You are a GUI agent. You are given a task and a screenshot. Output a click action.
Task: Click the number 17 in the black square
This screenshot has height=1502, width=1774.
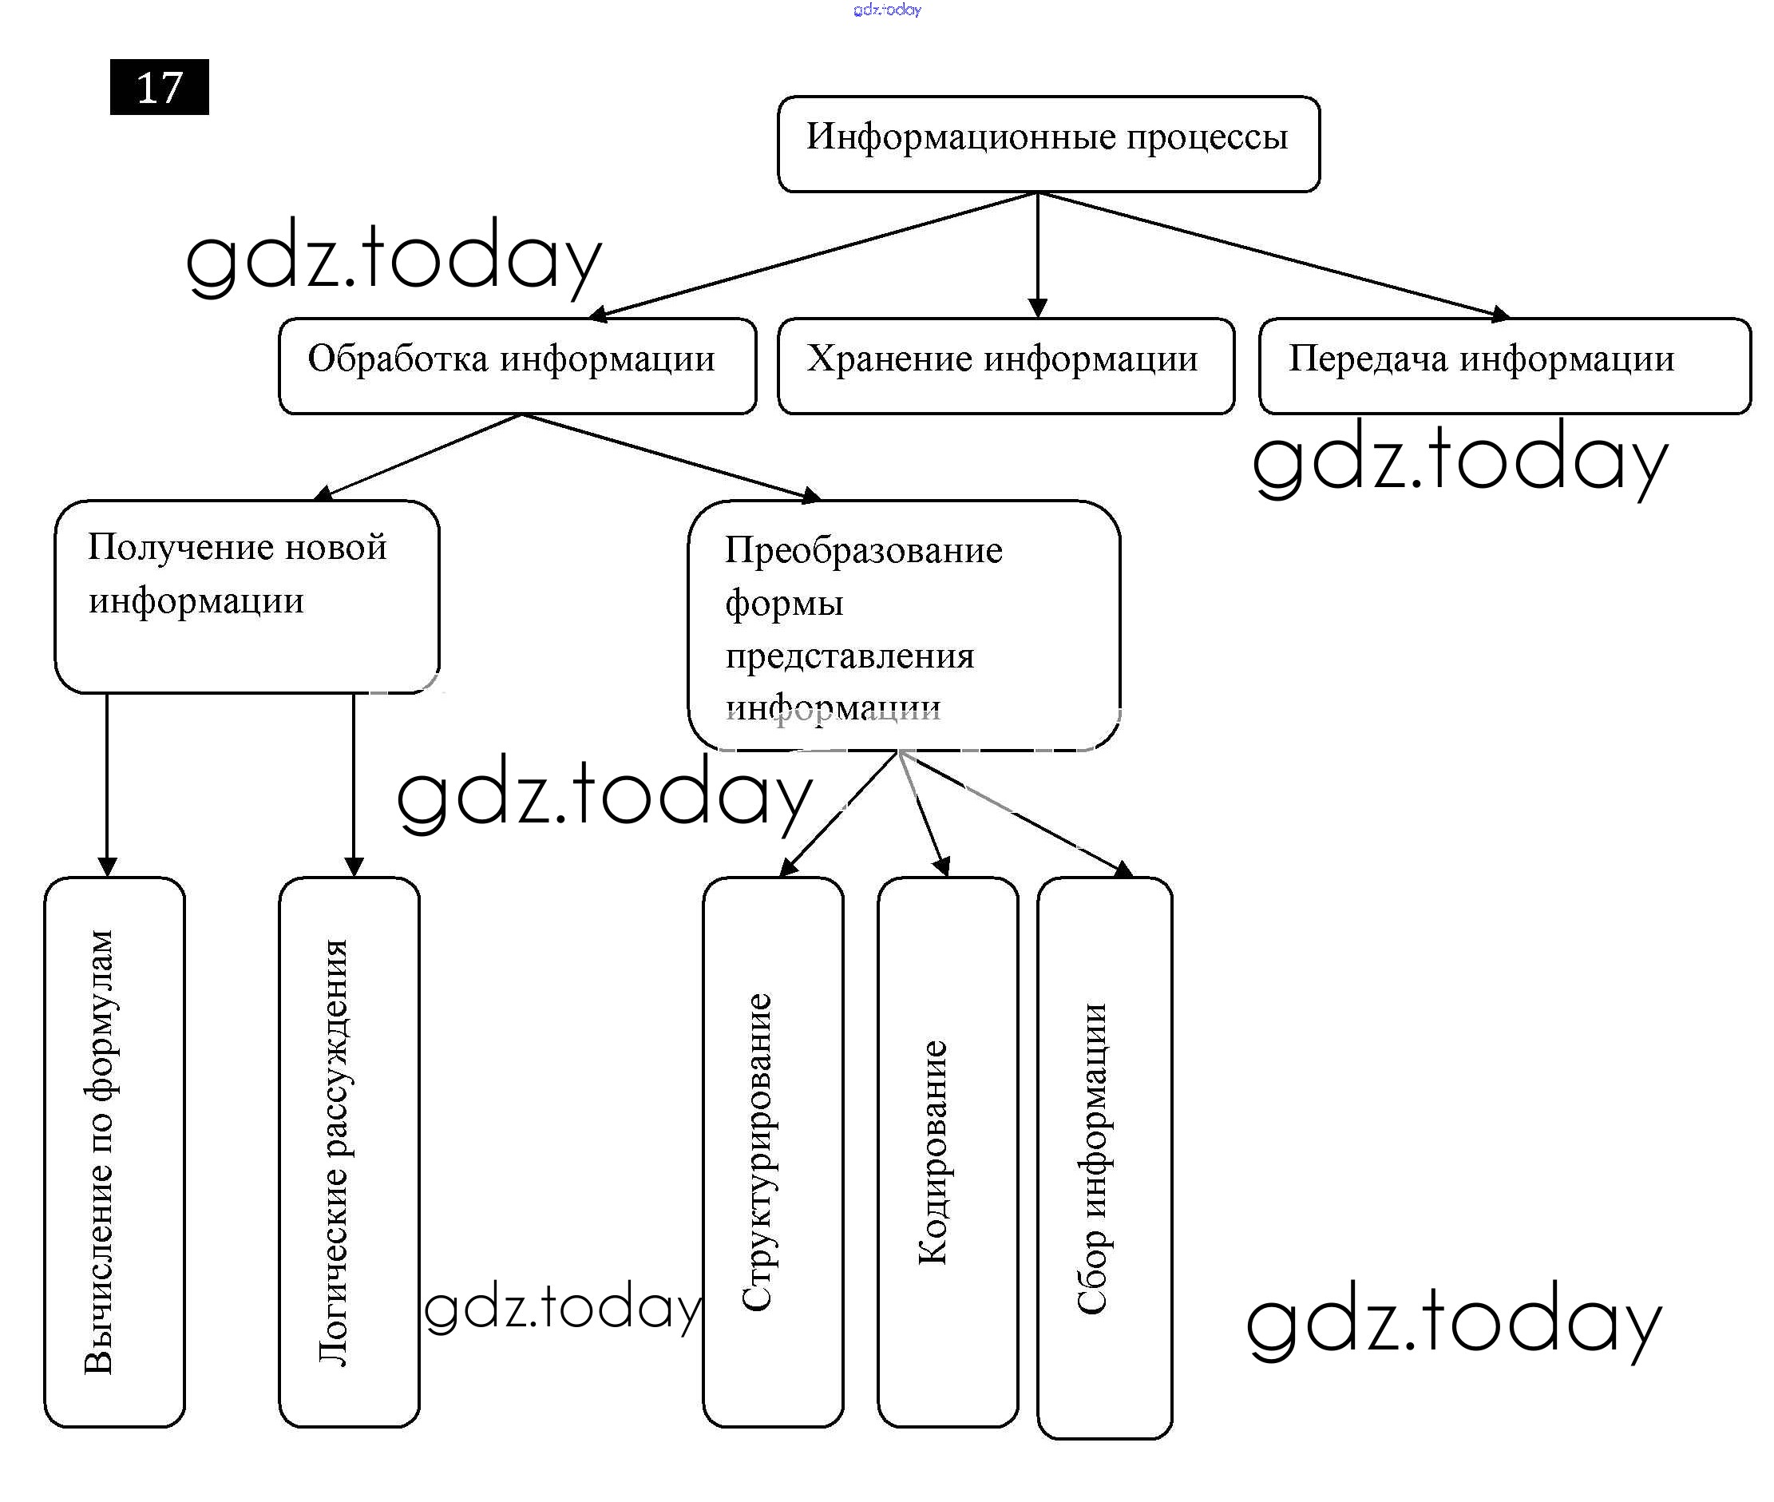click(x=159, y=88)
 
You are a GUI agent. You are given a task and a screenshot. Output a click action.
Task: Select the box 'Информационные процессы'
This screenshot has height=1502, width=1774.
click(x=1048, y=144)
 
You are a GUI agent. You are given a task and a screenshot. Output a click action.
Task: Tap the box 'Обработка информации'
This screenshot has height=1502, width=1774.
click(x=517, y=367)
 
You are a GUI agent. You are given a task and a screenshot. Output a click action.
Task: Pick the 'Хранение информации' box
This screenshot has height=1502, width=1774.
click(x=1005, y=367)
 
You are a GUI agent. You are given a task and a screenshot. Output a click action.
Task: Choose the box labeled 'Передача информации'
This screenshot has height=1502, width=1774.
click(x=1504, y=367)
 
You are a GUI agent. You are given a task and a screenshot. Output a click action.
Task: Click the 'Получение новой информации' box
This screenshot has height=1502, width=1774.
click(x=247, y=596)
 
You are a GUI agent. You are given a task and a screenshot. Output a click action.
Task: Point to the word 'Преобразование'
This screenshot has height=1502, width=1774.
click(x=863, y=550)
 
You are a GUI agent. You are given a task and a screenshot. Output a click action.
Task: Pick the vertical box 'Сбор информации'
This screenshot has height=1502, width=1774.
click(x=1104, y=1158)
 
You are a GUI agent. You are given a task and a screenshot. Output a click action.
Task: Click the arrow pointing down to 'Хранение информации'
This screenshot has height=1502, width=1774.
click(x=1037, y=256)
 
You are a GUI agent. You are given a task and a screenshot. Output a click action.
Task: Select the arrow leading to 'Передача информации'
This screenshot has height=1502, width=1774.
click(x=1277, y=255)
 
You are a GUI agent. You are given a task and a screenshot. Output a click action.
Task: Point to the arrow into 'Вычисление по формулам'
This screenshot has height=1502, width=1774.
click(x=107, y=783)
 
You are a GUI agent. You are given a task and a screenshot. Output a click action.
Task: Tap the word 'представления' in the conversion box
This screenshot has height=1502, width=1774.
click(x=849, y=656)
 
